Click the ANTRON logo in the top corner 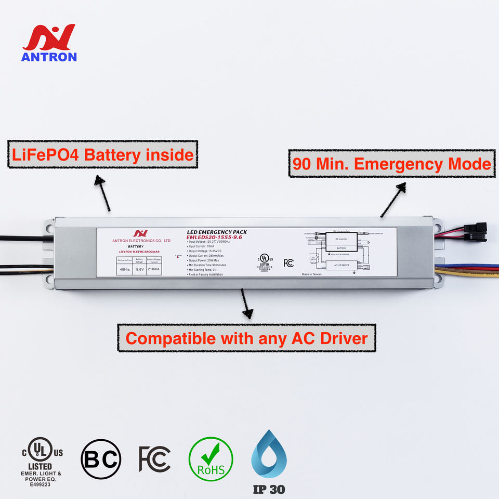49,43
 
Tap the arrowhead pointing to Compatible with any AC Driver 248,312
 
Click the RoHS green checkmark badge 211,458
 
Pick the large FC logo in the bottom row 154,458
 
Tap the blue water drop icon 269,456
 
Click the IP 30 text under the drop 269,489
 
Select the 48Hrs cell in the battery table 125,269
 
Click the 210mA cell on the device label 154,269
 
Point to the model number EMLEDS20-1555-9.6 214,237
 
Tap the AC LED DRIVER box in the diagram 341,265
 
